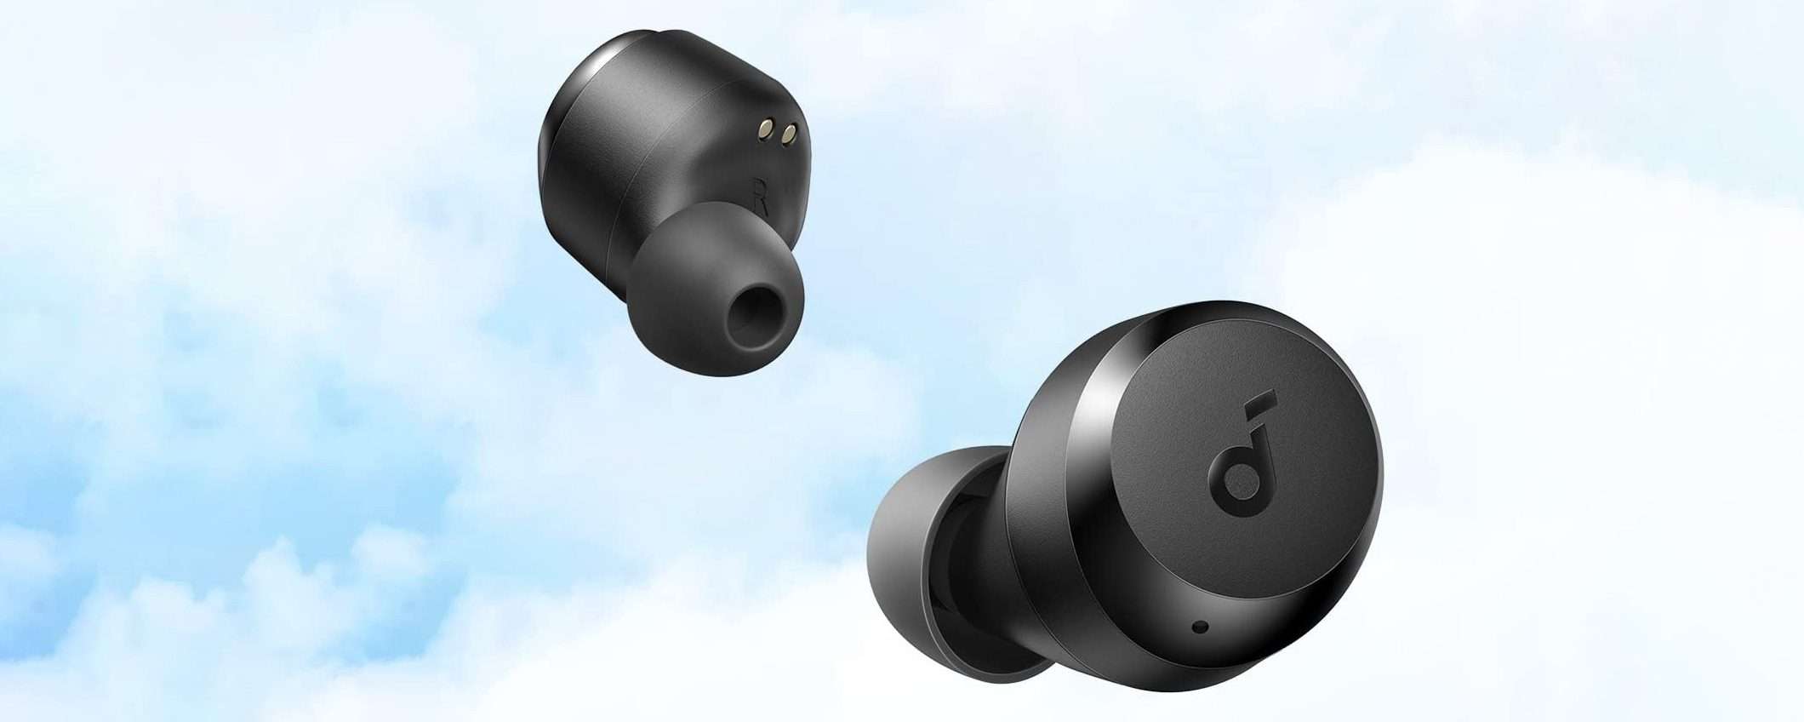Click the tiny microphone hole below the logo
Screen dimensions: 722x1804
point(1201,627)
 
